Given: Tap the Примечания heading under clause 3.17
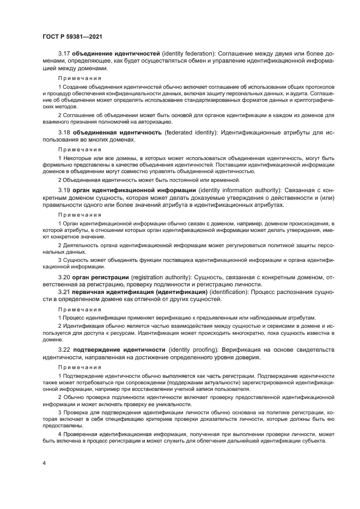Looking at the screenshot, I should click(76, 78).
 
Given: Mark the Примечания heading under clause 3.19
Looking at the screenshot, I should click(76, 214).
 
